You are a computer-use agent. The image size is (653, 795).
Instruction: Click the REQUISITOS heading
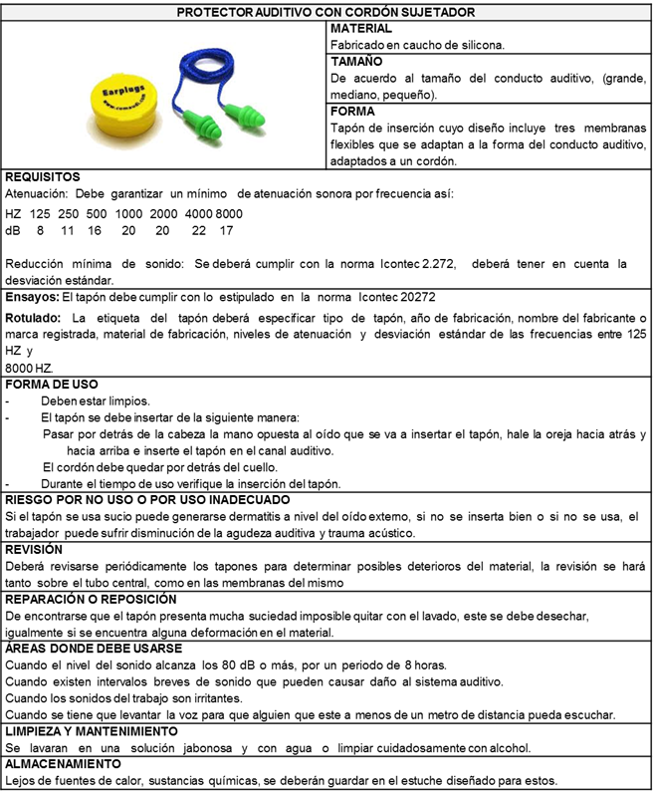pyautogui.click(x=43, y=177)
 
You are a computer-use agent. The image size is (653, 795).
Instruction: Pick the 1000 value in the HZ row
pyautogui.click(x=128, y=214)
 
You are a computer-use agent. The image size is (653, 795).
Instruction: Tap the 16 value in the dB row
pyautogui.click(x=95, y=230)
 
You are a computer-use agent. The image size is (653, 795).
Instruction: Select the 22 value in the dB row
pyautogui.click(x=199, y=230)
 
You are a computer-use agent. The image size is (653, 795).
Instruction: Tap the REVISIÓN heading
pyautogui.click(x=35, y=549)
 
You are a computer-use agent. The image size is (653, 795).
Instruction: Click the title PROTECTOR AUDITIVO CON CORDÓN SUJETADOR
pyautogui.click(x=326, y=12)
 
